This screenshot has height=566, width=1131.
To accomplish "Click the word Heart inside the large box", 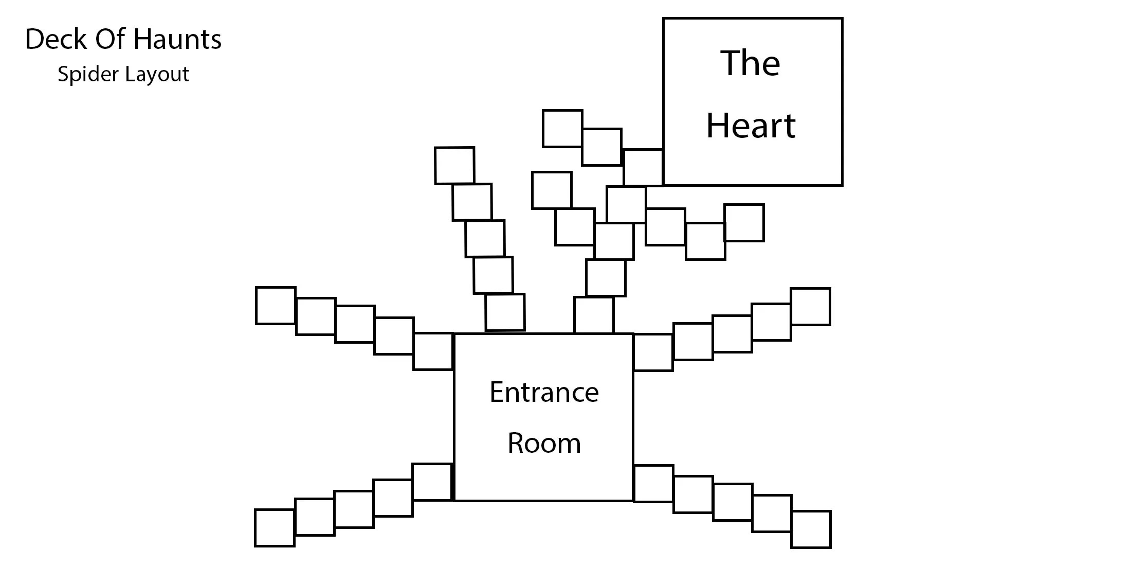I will tap(751, 126).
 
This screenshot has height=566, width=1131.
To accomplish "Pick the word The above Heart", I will tap(750, 63).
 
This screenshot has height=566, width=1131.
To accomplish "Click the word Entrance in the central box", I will tap(544, 393).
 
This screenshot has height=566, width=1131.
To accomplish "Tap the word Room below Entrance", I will tap(544, 443).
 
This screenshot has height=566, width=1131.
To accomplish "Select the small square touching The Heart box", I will tap(643, 167).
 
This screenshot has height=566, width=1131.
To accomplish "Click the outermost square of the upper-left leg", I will tap(276, 306).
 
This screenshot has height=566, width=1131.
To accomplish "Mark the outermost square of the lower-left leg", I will tap(275, 528).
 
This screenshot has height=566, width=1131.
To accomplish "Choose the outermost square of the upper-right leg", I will tap(810, 307).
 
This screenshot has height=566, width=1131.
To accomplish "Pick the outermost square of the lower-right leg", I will tap(811, 529).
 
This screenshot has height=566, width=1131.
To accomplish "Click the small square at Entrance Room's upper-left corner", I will tap(433, 351).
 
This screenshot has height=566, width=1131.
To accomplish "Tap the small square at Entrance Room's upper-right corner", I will tap(653, 352).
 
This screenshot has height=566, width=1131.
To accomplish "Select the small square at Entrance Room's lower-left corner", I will tap(432, 482).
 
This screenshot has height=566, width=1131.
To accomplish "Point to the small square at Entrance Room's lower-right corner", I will tap(653, 484).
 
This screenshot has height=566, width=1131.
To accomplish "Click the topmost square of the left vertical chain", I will tap(454, 166).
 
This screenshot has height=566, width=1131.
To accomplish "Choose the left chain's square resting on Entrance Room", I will tap(505, 312).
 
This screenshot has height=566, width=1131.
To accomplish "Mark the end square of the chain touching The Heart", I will tap(562, 129).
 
